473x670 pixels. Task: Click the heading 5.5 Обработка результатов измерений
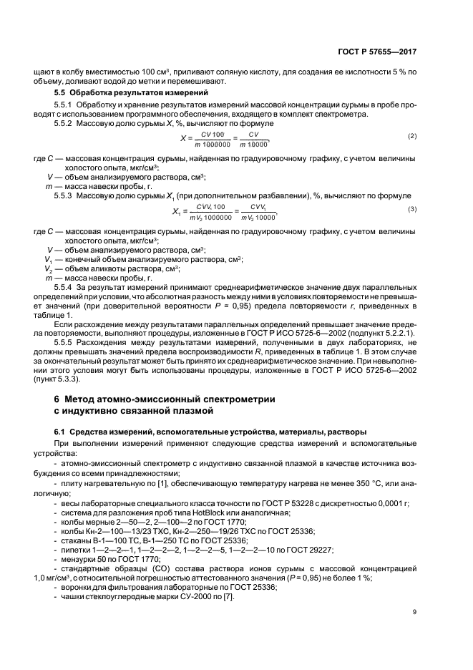(x=117, y=94)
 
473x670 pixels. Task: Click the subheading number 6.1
(x=60, y=432)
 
